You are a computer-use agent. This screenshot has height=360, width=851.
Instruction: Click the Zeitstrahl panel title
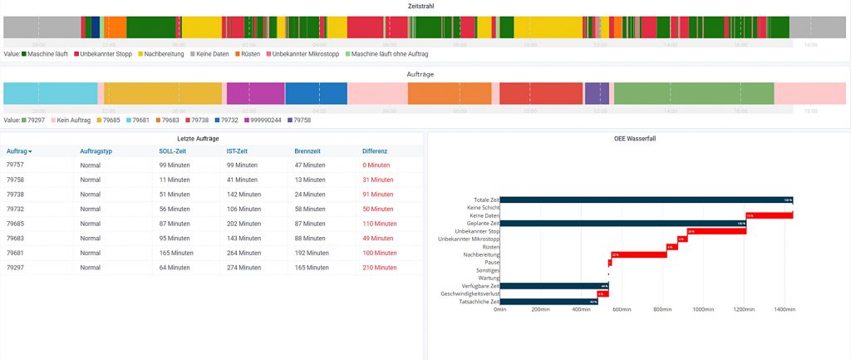(x=421, y=6)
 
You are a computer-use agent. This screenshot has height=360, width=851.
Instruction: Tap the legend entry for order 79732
(x=229, y=120)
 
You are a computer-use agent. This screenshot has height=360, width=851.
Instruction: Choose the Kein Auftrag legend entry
(x=74, y=120)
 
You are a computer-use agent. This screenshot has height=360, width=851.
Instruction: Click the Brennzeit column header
(x=309, y=151)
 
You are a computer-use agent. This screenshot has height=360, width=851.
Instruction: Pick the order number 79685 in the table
(x=17, y=224)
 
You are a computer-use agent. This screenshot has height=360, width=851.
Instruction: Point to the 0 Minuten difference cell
(x=376, y=165)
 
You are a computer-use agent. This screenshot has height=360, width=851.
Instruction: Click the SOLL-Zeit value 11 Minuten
(x=175, y=180)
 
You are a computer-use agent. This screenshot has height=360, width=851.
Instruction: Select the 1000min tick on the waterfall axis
(x=703, y=309)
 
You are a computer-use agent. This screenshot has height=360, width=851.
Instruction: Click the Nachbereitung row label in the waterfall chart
(x=481, y=254)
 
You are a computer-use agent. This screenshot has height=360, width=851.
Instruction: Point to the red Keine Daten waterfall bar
(x=769, y=215)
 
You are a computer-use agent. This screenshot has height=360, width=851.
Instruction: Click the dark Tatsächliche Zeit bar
(x=549, y=301)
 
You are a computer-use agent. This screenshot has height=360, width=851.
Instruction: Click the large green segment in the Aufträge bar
(x=694, y=93)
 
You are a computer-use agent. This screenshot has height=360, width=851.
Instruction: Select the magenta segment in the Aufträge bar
(x=255, y=93)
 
